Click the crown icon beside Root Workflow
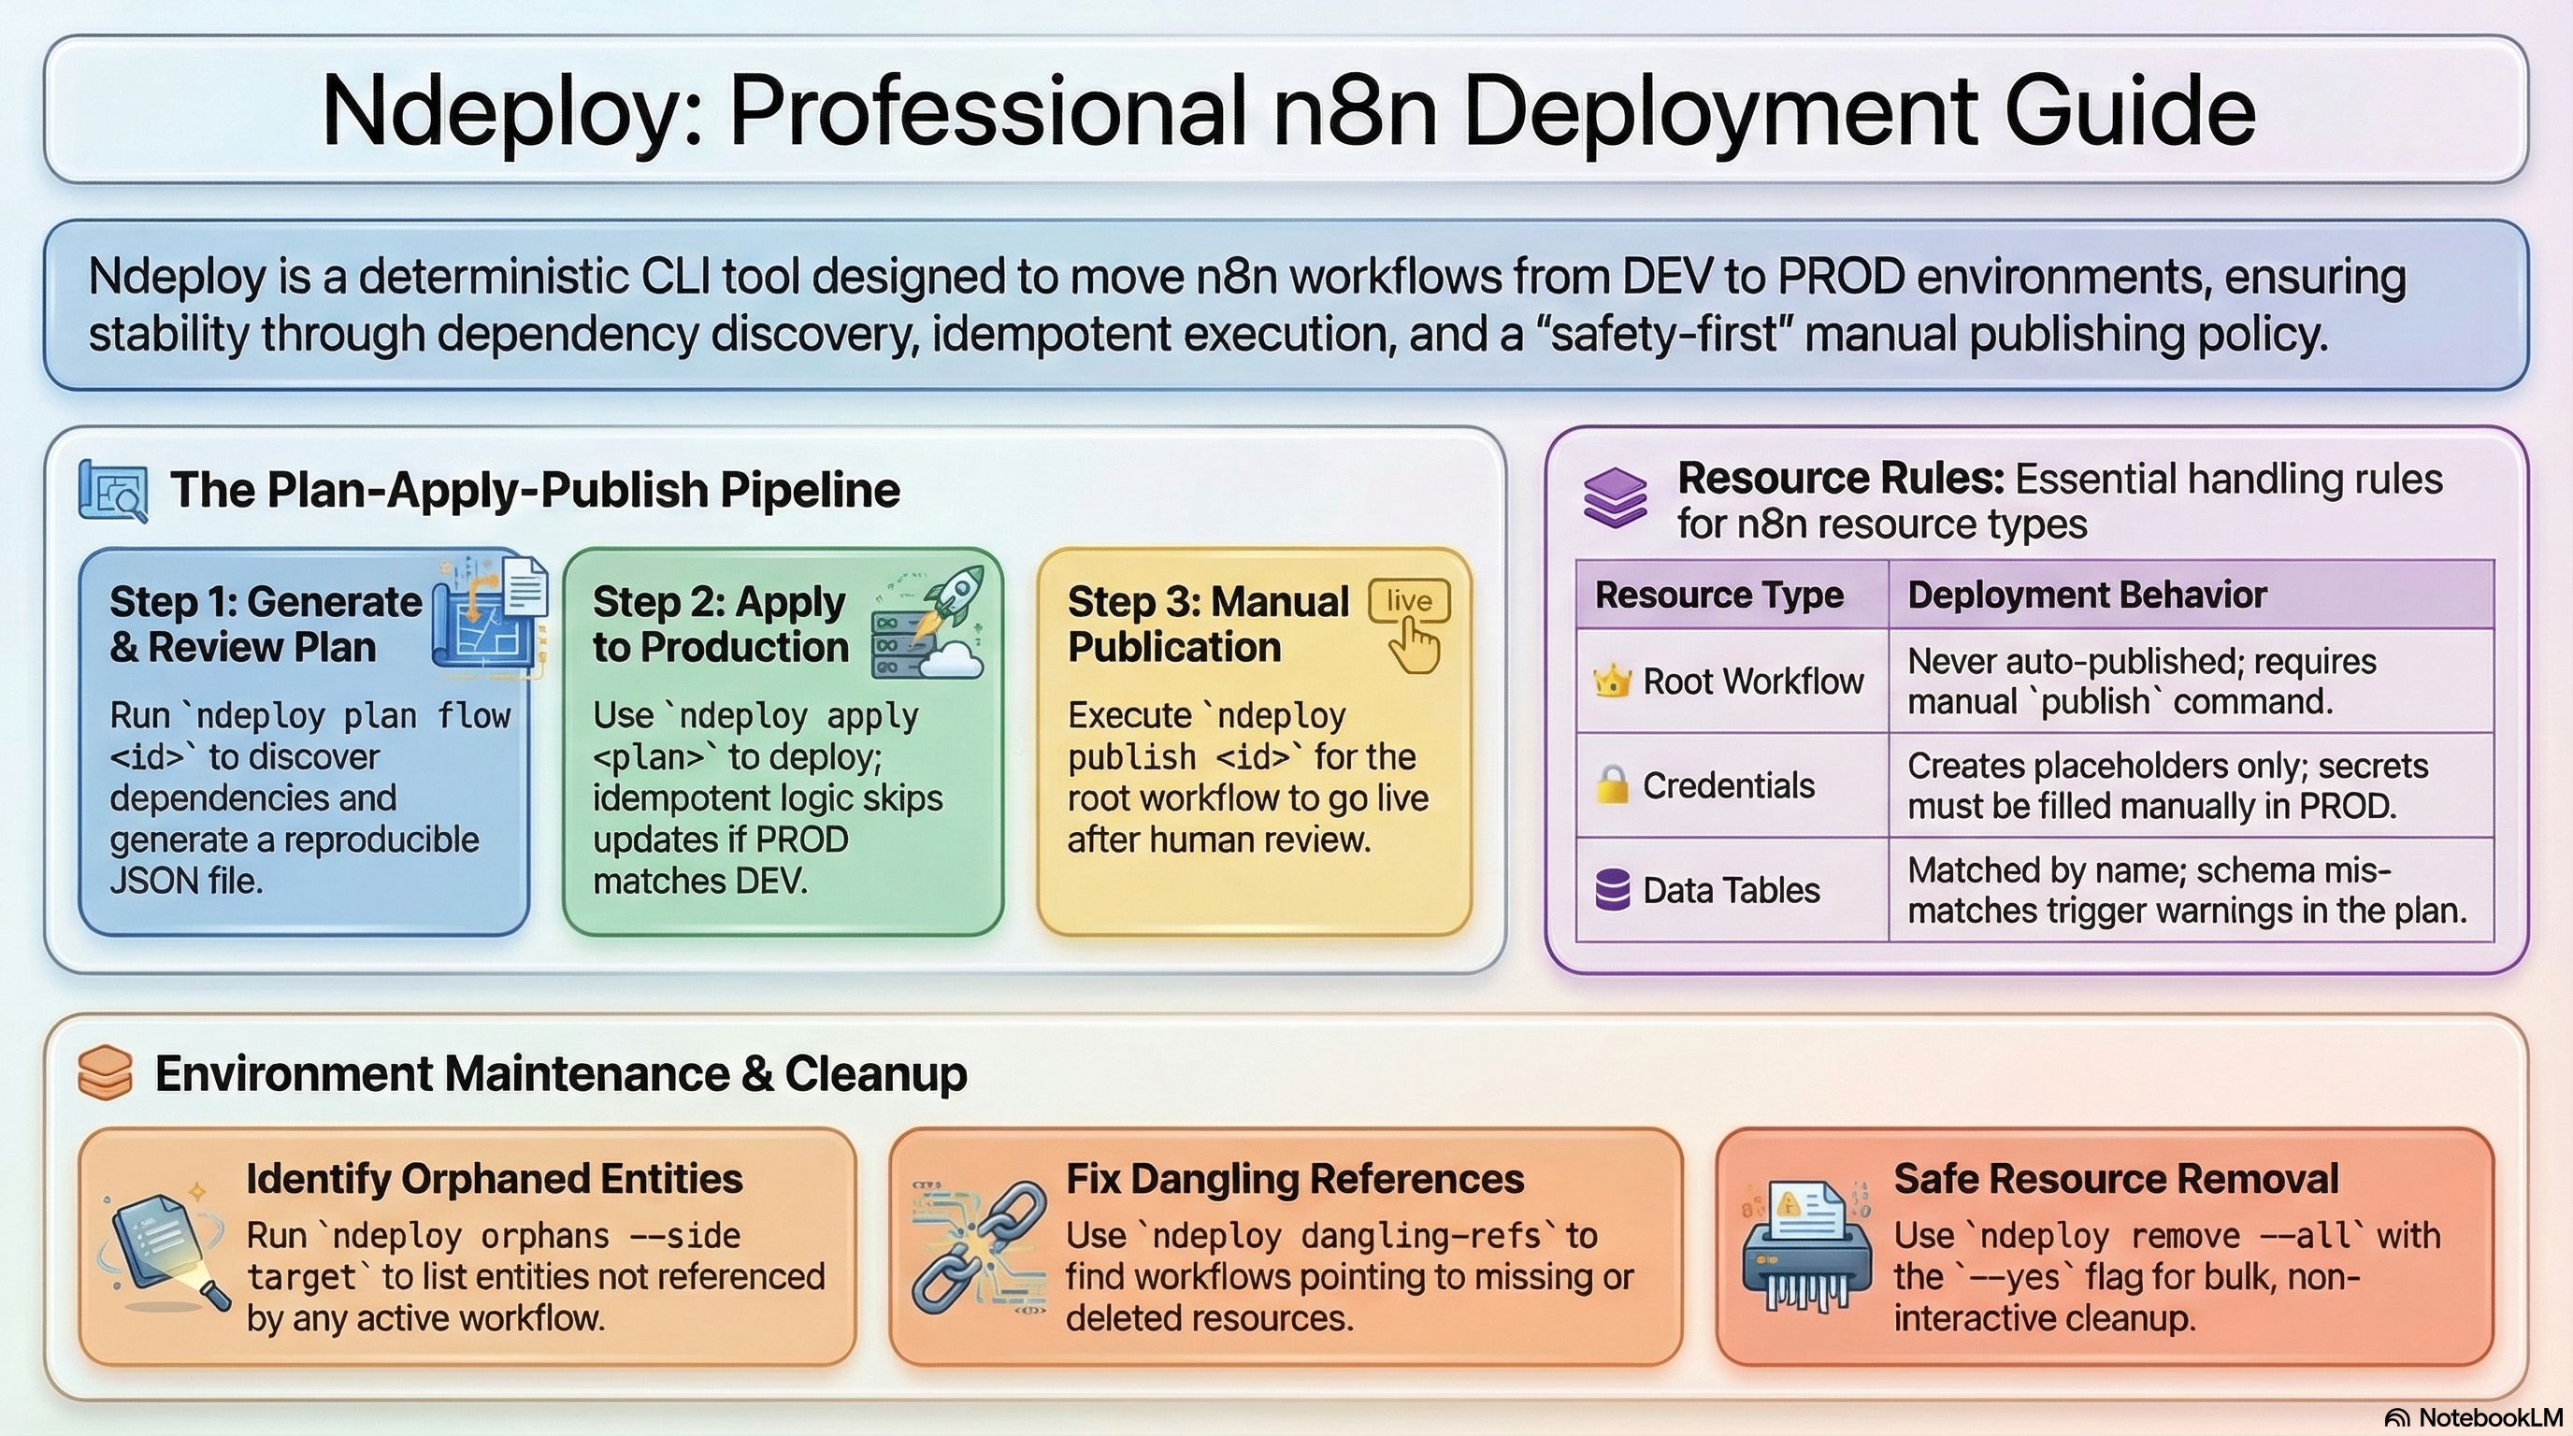(x=1612, y=682)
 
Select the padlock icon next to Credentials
(x=1611, y=786)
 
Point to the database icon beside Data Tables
(x=1612, y=890)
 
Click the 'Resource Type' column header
(x=1719, y=596)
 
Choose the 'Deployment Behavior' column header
(x=2087, y=596)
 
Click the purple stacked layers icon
(x=1615, y=497)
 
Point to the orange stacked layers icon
(x=105, y=1073)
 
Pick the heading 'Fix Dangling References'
(x=1295, y=1179)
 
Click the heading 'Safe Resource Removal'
(x=2116, y=1179)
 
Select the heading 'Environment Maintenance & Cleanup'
(x=560, y=1074)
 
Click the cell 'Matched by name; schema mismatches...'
(x=2187, y=891)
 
